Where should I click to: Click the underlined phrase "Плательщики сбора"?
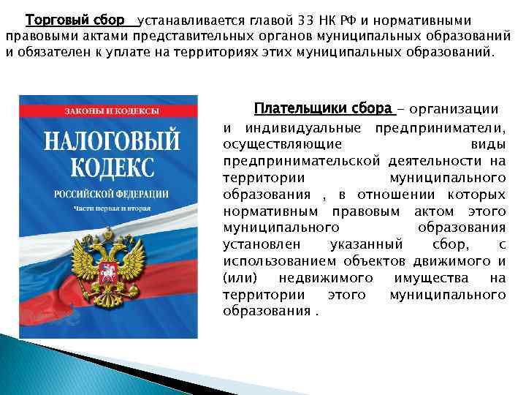click(x=323, y=109)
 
